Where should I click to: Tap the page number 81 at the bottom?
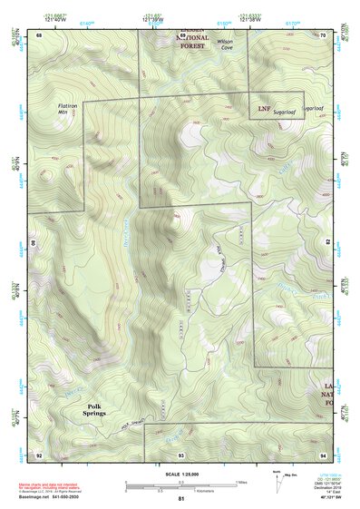point(180,498)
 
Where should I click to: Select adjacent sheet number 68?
point(38,35)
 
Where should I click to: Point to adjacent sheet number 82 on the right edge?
point(326,243)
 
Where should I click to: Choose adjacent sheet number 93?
point(180,453)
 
